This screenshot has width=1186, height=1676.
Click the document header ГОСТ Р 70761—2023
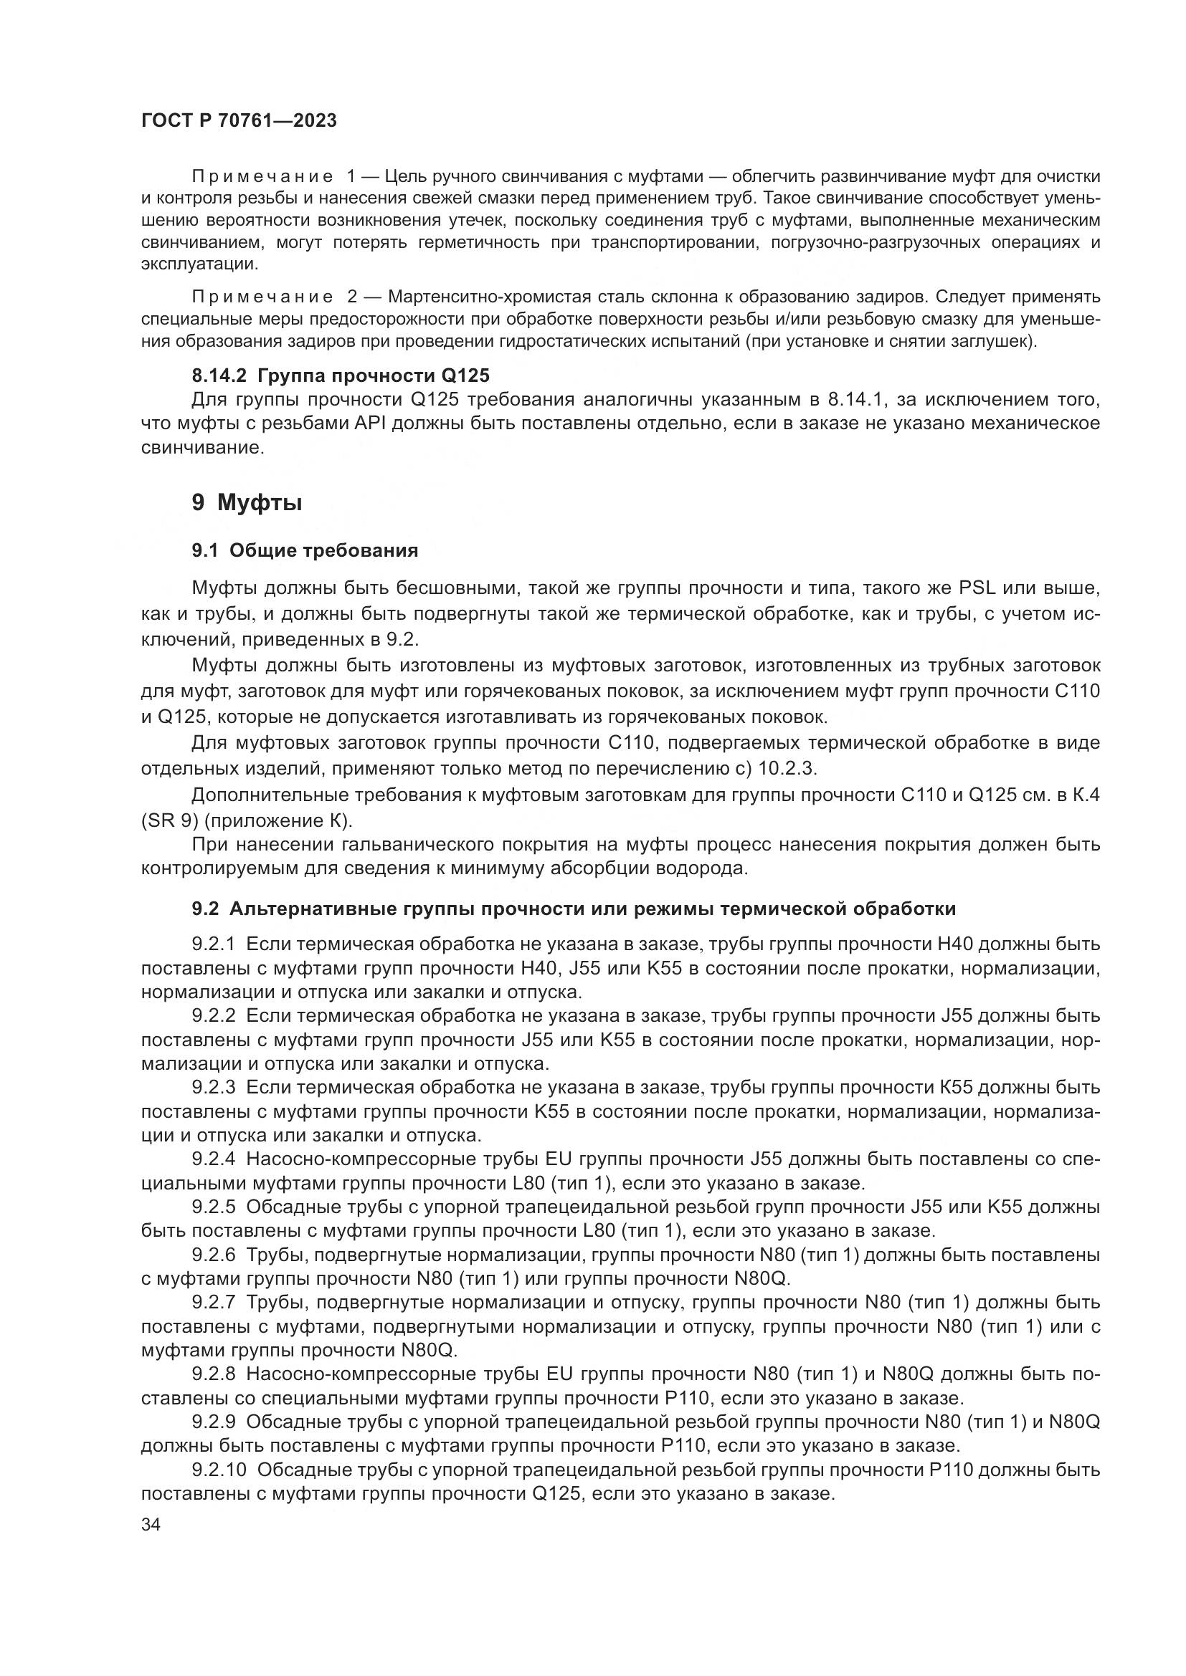coord(239,120)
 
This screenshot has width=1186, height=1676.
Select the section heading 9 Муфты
coord(247,503)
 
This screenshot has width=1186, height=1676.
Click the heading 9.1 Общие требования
coord(305,550)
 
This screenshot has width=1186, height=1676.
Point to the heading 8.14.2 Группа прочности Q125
coord(341,376)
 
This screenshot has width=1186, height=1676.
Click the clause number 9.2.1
coord(213,944)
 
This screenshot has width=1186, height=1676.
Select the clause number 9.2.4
coord(213,1159)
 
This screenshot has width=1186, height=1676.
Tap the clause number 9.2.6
coord(213,1255)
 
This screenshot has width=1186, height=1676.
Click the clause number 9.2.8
coord(213,1374)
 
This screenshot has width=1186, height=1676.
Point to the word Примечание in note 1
coord(262,177)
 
